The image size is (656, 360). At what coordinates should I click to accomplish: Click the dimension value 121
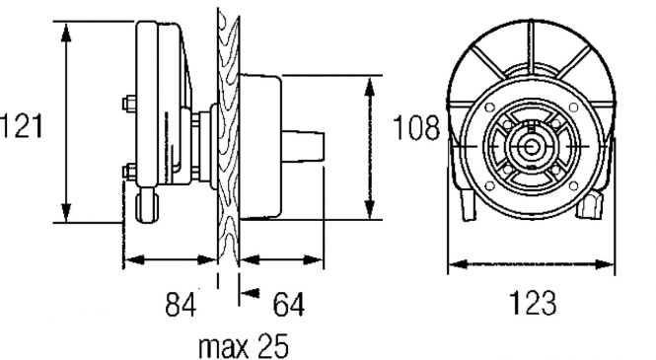pyautogui.click(x=22, y=126)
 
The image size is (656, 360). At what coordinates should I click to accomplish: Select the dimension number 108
pyautogui.click(x=416, y=127)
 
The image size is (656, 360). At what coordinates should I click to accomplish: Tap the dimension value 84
pyautogui.click(x=181, y=304)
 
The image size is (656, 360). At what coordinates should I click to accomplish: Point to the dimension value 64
pyautogui.click(x=289, y=304)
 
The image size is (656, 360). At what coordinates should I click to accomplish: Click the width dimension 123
pyautogui.click(x=533, y=303)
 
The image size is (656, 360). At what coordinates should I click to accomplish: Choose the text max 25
pyautogui.click(x=244, y=346)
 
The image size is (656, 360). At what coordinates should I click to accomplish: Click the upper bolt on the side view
pyautogui.click(x=129, y=104)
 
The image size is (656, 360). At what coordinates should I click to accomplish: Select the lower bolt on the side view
pyautogui.click(x=129, y=172)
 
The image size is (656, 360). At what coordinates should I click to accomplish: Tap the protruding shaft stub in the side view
pyautogui.click(x=303, y=146)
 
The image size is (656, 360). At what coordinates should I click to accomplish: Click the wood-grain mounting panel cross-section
pyautogui.click(x=229, y=140)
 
